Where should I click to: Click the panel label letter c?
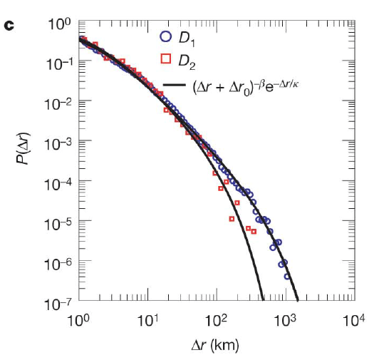click(9, 26)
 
